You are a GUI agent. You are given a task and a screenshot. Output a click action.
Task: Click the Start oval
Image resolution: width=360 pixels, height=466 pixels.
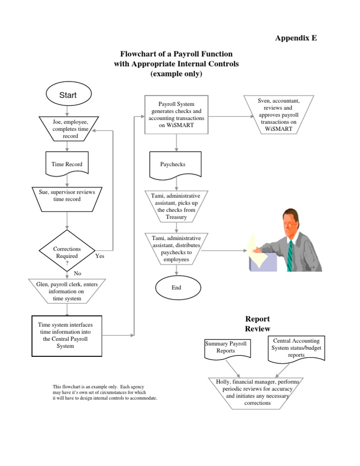(x=67, y=96)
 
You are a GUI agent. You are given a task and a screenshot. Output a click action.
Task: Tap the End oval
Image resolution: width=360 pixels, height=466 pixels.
(x=176, y=287)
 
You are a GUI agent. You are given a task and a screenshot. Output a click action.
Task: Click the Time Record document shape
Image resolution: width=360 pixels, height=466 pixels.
(x=67, y=164)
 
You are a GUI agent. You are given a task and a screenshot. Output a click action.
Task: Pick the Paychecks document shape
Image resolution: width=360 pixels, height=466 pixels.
(x=175, y=165)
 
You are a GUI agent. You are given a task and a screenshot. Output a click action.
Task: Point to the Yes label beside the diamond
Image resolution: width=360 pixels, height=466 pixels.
(x=100, y=256)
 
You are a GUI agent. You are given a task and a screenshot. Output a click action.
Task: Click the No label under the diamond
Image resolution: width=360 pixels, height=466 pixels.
(x=78, y=273)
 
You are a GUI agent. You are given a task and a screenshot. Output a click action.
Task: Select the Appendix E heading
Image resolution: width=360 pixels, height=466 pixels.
(x=296, y=38)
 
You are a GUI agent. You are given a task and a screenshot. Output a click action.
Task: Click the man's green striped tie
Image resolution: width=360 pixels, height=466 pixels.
(x=291, y=253)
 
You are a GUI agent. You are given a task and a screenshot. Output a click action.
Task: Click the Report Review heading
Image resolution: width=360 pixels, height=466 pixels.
(x=257, y=324)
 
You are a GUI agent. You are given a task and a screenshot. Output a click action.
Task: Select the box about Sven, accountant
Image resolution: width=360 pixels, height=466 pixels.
(x=278, y=114)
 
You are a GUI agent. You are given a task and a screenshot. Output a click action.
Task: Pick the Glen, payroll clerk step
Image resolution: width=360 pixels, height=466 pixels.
(x=67, y=291)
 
